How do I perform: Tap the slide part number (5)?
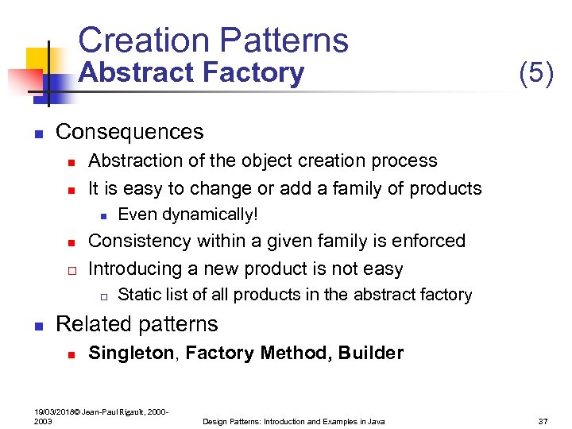[535, 73]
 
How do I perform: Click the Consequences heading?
[129, 131]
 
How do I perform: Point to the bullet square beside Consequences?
[37, 133]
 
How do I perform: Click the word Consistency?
[138, 241]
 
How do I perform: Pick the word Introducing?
[134, 269]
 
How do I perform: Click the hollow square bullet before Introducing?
[71, 270]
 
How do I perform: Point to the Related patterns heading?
[137, 324]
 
